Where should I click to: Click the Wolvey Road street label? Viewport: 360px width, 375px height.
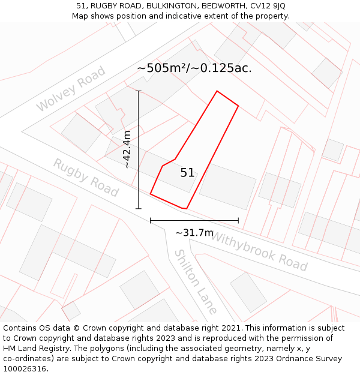(x=71, y=89)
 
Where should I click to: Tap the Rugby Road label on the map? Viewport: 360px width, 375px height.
(x=86, y=177)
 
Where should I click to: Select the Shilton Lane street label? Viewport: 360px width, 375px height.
(x=195, y=281)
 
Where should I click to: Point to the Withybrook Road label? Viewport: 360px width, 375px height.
(x=259, y=251)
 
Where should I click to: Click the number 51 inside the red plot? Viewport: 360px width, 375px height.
(x=187, y=173)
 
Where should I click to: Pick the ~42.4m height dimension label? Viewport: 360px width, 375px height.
(x=127, y=149)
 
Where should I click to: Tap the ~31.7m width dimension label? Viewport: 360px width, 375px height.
(x=194, y=233)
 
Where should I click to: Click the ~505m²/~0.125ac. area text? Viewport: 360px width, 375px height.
(x=194, y=68)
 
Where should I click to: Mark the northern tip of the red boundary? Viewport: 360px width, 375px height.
(x=217, y=91)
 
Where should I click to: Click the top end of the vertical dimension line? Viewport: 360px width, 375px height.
(x=139, y=91)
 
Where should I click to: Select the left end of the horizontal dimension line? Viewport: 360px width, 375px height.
(x=150, y=221)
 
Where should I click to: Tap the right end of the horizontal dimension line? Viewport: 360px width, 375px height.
(x=238, y=221)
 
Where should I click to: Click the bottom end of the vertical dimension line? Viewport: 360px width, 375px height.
(x=139, y=209)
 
